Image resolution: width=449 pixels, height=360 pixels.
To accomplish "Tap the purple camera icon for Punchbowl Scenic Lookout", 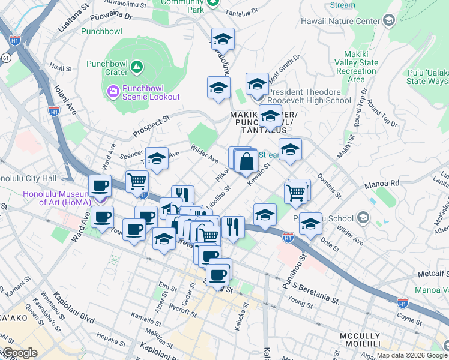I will coord(113,92).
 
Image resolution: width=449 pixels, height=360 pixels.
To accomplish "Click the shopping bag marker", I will coord(246,161).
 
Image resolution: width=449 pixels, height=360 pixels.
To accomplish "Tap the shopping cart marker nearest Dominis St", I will coord(296,193).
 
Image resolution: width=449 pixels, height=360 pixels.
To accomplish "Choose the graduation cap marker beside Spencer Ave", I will coord(157,160).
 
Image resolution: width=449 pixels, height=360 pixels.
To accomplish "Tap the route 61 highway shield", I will coord(5,58).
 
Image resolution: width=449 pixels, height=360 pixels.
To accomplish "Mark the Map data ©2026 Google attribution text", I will coord(408,355).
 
